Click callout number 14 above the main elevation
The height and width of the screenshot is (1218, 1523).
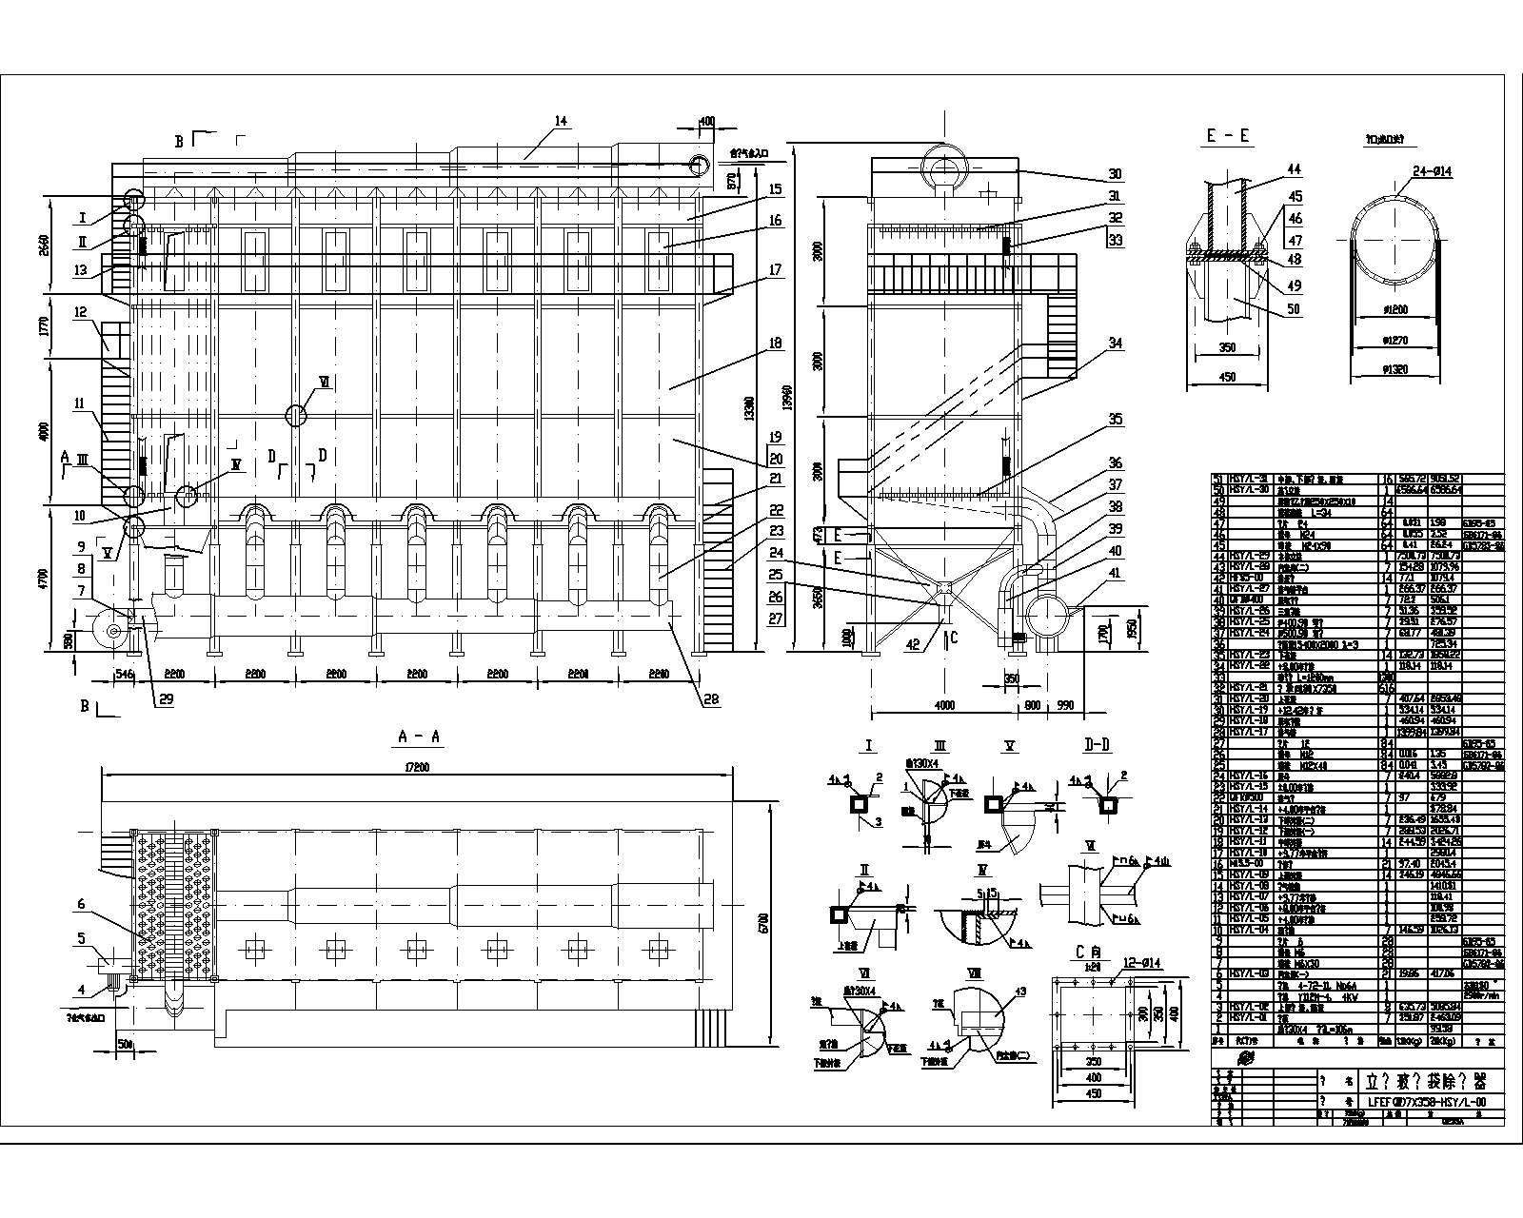click(560, 121)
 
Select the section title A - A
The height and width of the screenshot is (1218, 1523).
click(419, 737)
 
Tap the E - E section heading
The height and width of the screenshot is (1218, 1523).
click(1228, 137)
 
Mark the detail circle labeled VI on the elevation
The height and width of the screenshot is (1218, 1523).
click(296, 414)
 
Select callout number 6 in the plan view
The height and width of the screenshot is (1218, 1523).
click(82, 904)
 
